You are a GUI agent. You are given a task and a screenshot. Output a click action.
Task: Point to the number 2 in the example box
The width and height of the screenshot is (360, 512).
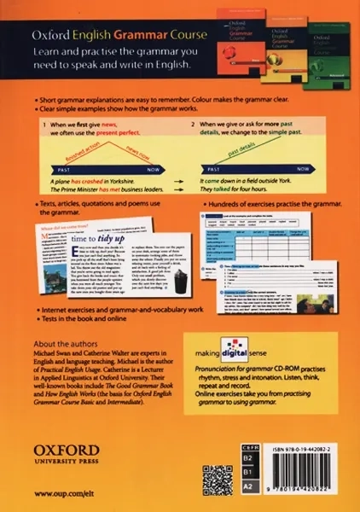coord(193,125)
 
